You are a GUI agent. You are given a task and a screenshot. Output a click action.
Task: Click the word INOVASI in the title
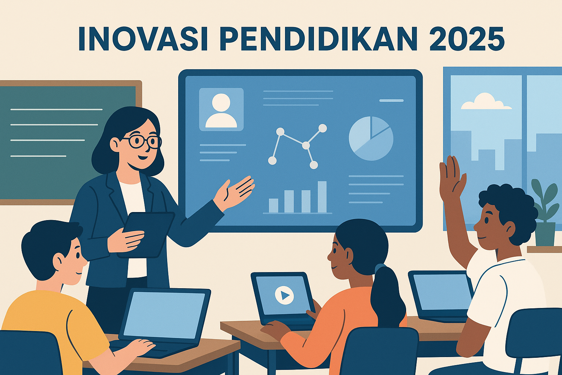click(x=143, y=38)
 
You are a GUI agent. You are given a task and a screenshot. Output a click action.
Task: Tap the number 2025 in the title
click(x=467, y=38)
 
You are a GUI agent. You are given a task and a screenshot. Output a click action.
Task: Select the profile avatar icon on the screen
click(x=221, y=109)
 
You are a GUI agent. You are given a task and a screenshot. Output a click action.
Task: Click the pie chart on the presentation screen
click(x=371, y=138)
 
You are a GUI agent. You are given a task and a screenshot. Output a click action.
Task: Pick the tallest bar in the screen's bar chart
click(x=322, y=197)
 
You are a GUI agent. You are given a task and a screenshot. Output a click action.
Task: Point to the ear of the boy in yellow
click(x=59, y=261)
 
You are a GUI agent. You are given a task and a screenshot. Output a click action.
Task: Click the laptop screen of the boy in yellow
click(x=164, y=315)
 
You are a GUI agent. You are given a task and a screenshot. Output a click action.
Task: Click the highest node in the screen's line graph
click(x=322, y=128)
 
